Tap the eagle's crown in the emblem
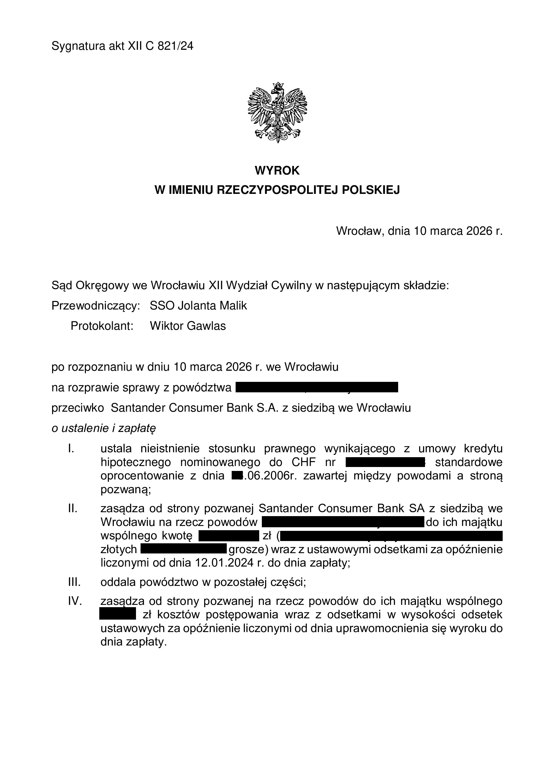[277, 86]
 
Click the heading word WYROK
[277, 171]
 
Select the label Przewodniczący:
[95, 306]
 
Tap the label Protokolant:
[102, 326]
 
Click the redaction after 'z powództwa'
[317, 387]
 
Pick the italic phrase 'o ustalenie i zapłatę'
[104, 428]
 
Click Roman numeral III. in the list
[74, 582]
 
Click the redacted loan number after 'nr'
[385, 462]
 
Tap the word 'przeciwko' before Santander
[78, 408]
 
